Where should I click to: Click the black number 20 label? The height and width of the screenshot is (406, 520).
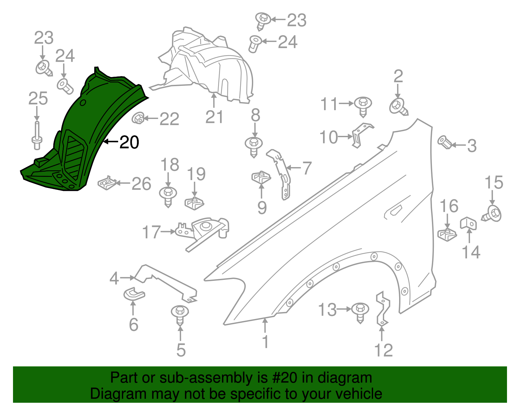[x=129, y=142]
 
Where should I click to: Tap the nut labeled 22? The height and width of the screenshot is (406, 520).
[x=138, y=118]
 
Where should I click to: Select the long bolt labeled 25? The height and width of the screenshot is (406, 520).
[x=37, y=136]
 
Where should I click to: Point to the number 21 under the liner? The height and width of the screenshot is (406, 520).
[x=214, y=117]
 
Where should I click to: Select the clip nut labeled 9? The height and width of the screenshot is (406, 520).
[x=261, y=177]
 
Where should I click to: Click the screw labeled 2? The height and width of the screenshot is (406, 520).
[x=398, y=107]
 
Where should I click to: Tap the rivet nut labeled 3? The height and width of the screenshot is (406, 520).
[x=444, y=142]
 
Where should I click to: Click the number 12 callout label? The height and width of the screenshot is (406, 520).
[x=383, y=350]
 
